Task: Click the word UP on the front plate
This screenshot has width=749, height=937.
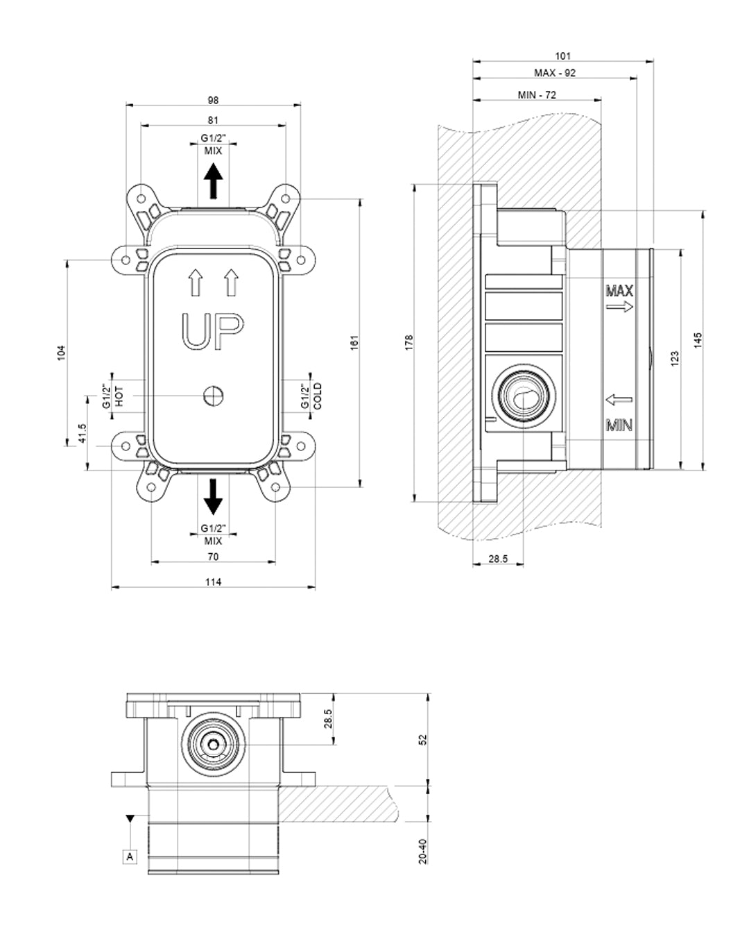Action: point(213,331)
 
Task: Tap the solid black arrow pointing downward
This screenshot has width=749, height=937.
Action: point(213,495)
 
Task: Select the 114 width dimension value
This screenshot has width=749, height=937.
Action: point(213,582)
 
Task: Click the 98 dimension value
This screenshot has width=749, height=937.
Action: point(213,100)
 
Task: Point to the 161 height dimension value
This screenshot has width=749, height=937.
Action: point(354,343)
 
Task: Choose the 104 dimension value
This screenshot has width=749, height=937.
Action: point(61,353)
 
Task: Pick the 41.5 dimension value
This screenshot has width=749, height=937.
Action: point(82,434)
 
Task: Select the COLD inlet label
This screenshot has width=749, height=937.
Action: point(317,396)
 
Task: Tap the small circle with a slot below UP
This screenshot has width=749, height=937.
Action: point(213,396)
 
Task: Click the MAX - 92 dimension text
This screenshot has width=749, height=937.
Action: point(554,73)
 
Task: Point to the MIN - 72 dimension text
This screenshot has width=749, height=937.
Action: point(537,94)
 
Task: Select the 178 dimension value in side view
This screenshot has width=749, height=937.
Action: point(408,341)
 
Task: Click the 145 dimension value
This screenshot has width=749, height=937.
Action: point(698,340)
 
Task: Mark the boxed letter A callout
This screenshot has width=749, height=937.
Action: point(130,856)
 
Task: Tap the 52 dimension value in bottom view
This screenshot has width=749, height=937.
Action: point(423,741)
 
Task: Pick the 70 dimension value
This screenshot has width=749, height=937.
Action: point(213,557)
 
